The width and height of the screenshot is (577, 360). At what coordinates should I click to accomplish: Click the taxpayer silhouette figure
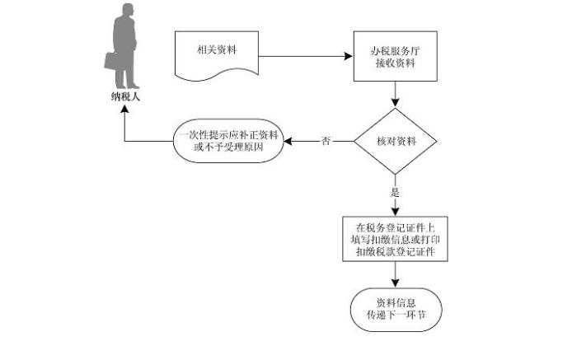(126, 49)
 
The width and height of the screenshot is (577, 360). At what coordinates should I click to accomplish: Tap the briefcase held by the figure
(111, 62)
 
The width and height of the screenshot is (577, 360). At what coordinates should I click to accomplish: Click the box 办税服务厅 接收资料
(395, 56)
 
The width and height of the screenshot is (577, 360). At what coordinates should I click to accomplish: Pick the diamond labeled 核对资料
(395, 141)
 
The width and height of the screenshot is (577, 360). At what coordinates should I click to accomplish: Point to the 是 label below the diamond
(395, 192)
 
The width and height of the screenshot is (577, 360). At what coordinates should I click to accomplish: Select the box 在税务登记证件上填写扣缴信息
(395, 239)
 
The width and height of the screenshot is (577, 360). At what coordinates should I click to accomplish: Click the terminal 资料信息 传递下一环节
(395, 307)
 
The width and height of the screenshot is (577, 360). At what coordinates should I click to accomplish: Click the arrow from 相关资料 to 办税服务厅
(305, 57)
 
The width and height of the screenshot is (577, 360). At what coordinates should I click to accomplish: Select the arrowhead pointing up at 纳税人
(124, 116)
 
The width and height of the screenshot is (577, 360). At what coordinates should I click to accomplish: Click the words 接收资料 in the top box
(395, 63)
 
